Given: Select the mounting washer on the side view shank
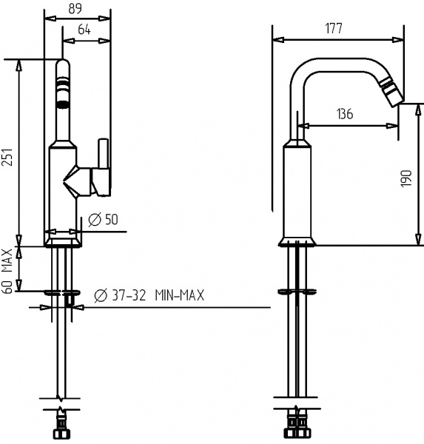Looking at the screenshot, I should (300, 290).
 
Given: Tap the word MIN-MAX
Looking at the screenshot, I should (180, 296).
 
